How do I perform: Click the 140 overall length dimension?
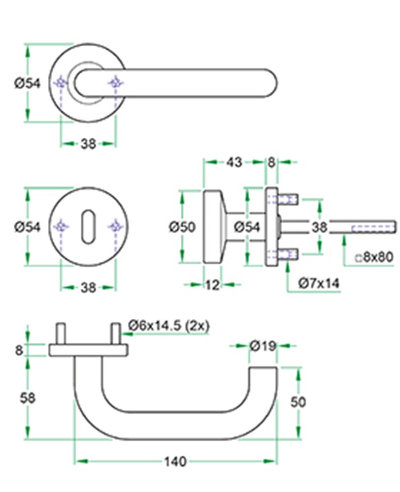[175, 461]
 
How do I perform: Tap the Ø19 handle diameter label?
[263, 346]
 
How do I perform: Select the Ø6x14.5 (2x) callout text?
[169, 326]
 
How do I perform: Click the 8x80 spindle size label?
[374, 257]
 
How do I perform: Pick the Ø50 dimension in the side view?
[182, 226]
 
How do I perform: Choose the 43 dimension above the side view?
[234, 162]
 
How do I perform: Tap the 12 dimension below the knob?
[212, 285]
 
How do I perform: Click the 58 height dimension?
[27, 398]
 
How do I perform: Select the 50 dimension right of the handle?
[298, 402]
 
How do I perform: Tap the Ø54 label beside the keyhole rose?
[28, 226]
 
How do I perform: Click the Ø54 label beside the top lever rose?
[28, 84]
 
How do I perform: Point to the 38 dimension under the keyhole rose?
[88, 287]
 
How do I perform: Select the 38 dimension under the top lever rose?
[88, 144]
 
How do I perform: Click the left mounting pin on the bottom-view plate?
[61, 334]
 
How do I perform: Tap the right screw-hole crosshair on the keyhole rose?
[116, 226]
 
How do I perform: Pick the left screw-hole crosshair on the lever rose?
[61, 83]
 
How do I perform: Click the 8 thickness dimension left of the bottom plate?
[19, 350]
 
